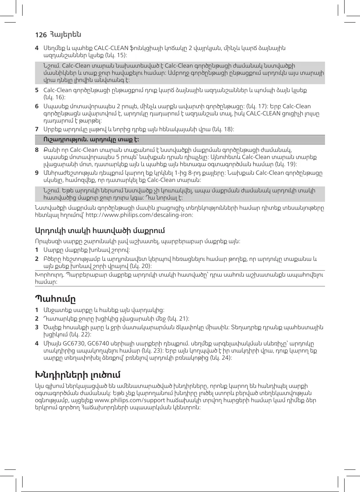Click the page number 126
pos(41,35)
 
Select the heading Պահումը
pos(55,299)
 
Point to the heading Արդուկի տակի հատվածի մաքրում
pos(100,230)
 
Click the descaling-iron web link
pos(139,215)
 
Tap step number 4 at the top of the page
pos(36,48)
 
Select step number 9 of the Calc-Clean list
pos(36,173)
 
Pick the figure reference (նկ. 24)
pos(221,357)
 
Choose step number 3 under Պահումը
pos(36,327)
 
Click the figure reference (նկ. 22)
pos(81,334)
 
